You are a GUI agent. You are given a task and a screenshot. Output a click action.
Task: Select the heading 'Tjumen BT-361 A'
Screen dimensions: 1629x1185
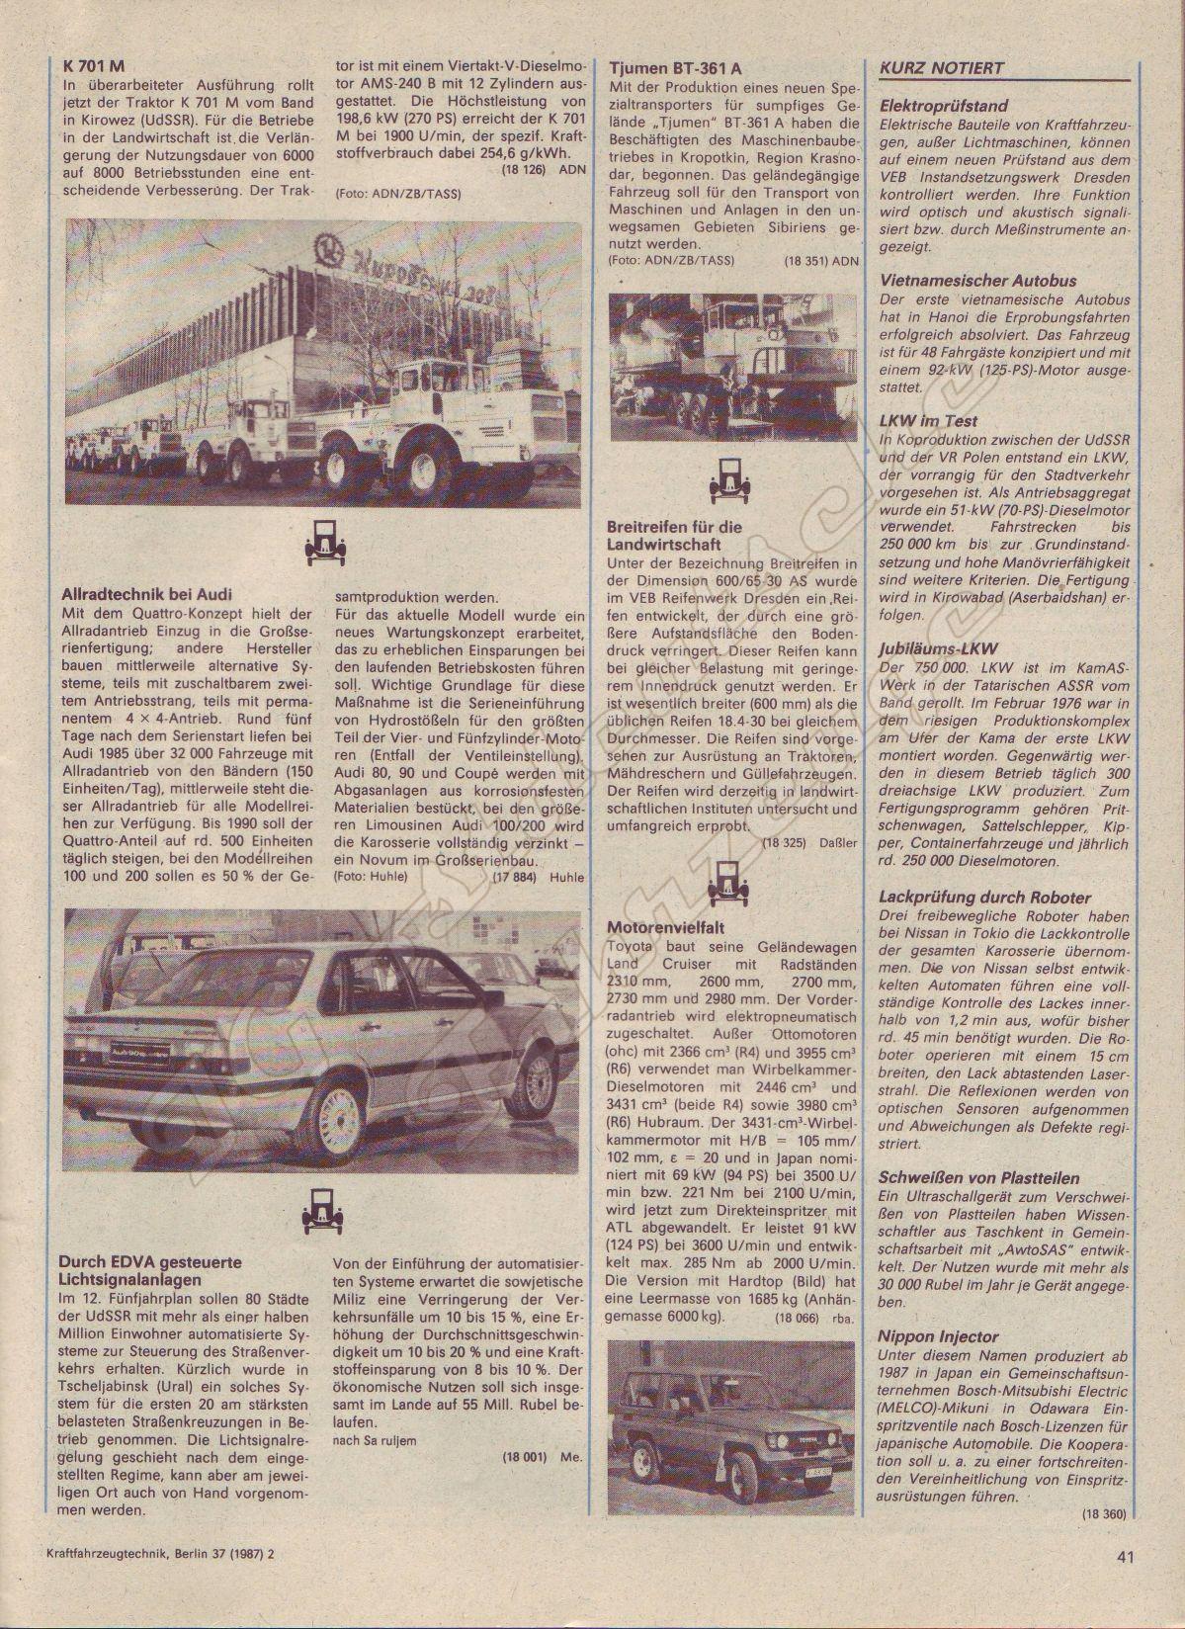click(674, 69)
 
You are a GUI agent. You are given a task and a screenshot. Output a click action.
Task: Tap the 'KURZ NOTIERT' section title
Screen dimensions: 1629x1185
click(941, 68)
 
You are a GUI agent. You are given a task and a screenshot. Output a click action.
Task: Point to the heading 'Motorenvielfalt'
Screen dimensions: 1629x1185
click(666, 928)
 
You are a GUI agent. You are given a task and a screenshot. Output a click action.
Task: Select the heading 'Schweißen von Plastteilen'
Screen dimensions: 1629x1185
click(978, 1178)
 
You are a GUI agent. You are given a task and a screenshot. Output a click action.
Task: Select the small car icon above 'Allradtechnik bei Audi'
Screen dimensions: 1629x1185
click(321, 540)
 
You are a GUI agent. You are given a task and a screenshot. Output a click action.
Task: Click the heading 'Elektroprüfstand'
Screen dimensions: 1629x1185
click(943, 106)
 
